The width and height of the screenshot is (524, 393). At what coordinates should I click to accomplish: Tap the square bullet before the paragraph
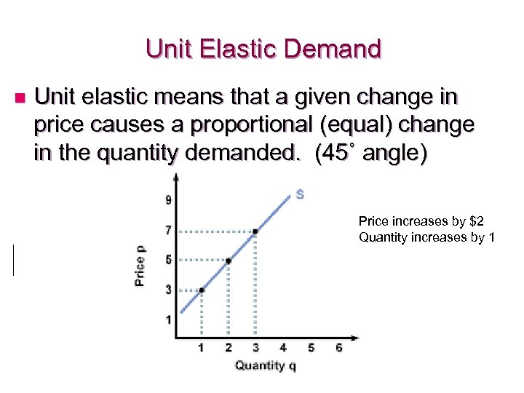click(x=20, y=98)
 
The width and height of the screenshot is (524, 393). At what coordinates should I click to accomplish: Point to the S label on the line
click(x=300, y=194)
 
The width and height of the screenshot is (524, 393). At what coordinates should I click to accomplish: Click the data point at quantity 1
click(x=202, y=290)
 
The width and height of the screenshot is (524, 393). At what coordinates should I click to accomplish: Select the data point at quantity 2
click(x=229, y=261)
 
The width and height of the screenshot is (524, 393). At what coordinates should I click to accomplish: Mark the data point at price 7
click(x=255, y=231)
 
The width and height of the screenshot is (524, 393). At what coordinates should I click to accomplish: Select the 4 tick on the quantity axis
click(x=282, y=348)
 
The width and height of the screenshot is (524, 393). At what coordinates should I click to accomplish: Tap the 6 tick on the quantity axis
click(x=338, y=348)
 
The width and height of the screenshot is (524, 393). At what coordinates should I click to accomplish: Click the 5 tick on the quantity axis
click(x=311, y=348)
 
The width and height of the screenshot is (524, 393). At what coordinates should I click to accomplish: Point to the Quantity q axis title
click(x=265, y=365)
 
